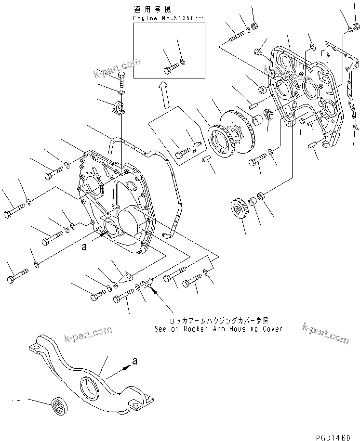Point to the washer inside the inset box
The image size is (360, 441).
coord(183,61)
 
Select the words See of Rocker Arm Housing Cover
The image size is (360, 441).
coord(218,329)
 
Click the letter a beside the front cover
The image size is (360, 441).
coord(84,247)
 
